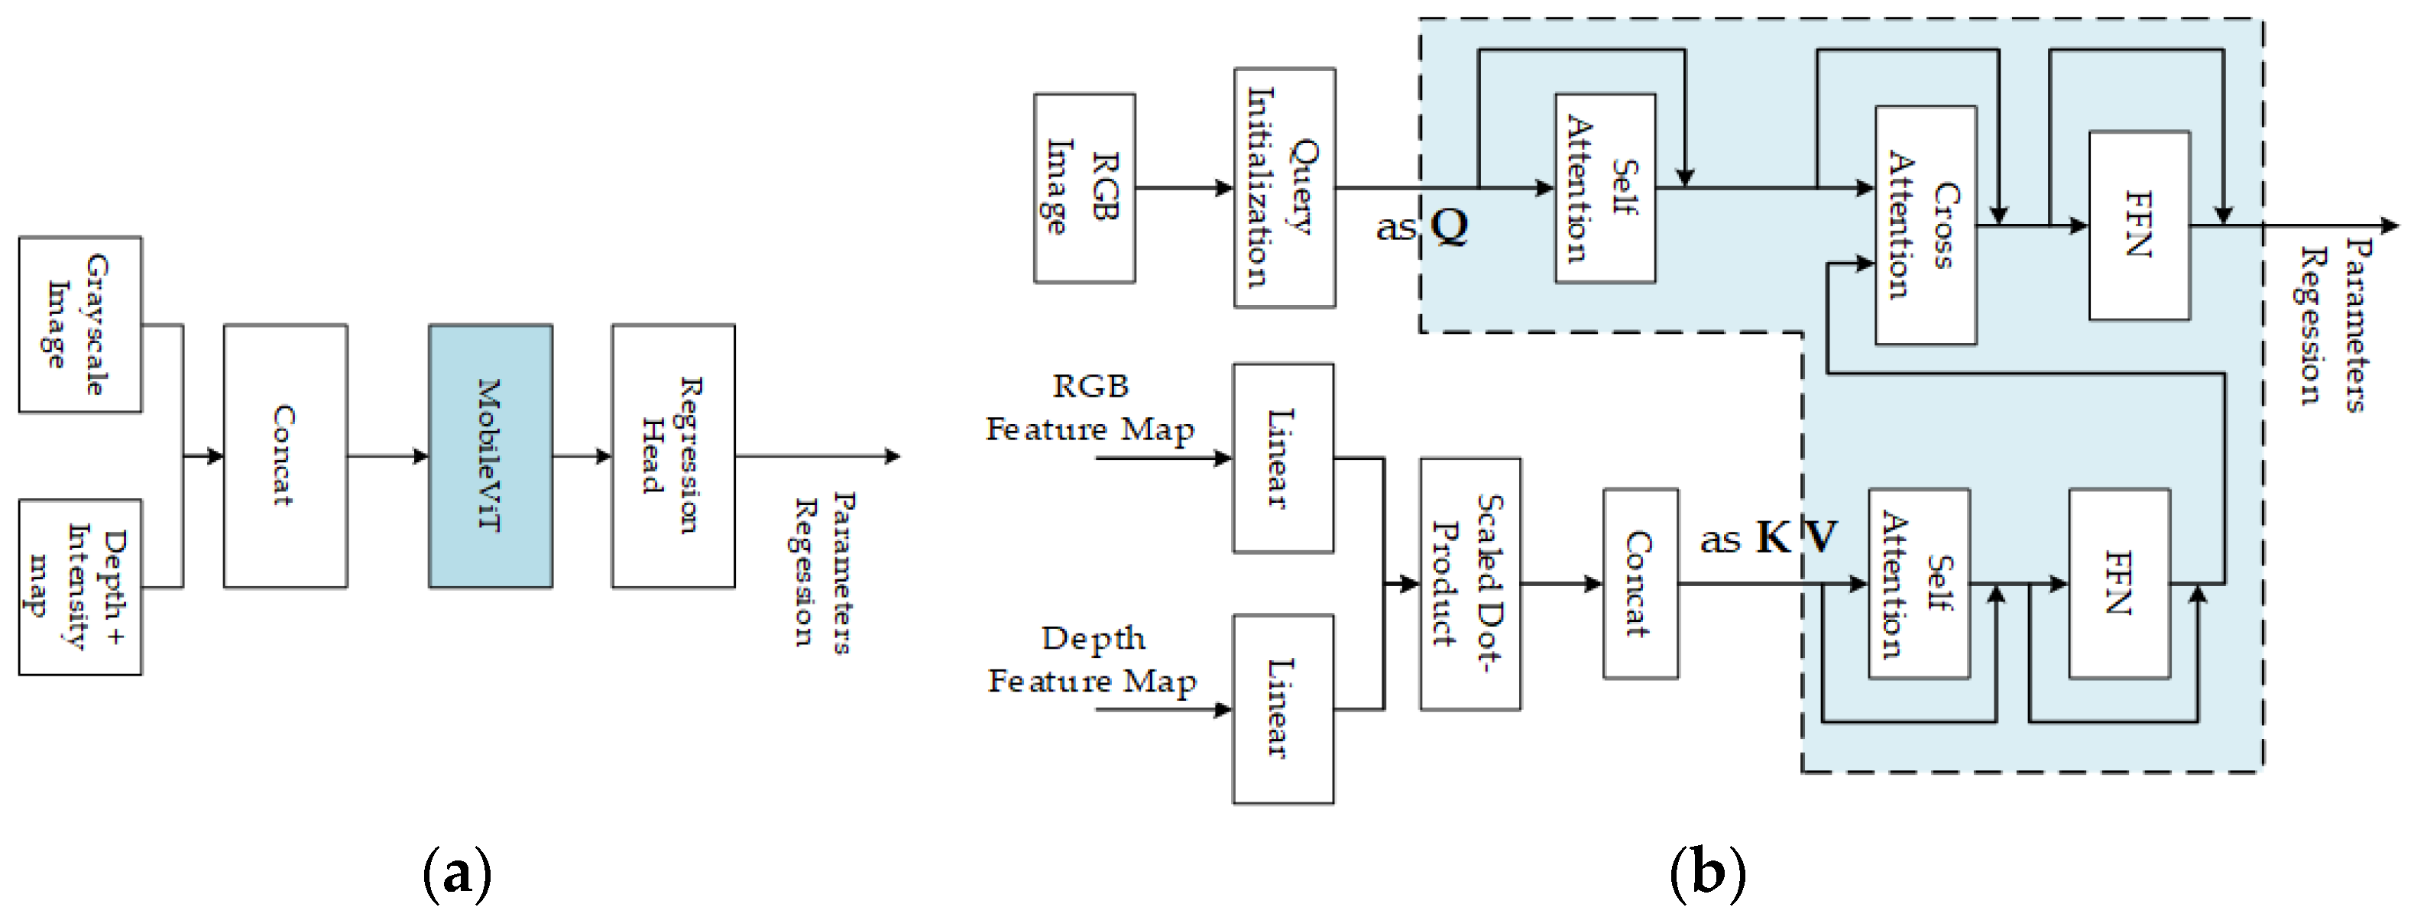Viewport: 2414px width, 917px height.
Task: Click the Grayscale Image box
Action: coord(79,324)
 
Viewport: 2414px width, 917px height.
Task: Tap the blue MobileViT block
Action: coord(490,456)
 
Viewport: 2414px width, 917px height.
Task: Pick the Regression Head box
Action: coord(672,456)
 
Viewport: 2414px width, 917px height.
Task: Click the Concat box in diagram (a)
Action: coord(285,456)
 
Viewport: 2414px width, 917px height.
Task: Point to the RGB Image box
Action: coord(1084,187)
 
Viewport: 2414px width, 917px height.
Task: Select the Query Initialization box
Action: coord(1284,187)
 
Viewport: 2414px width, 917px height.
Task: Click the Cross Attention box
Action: coord(1926,225)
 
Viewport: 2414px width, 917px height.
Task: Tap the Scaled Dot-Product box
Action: coord(1469,585)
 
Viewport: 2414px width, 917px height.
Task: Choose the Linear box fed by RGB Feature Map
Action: coord(1283,458)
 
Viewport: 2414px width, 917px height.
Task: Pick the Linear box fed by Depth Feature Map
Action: coord(1283,709)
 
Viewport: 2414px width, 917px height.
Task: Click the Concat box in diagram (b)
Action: coord(1640,584)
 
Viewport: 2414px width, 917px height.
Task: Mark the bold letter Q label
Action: coord(1449,225)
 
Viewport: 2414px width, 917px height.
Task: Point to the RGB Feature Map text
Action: coord(1090,408)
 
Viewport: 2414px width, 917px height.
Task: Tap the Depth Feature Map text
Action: coord(1092,659)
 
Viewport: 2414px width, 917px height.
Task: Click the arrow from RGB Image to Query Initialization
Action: coord(1184,187)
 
